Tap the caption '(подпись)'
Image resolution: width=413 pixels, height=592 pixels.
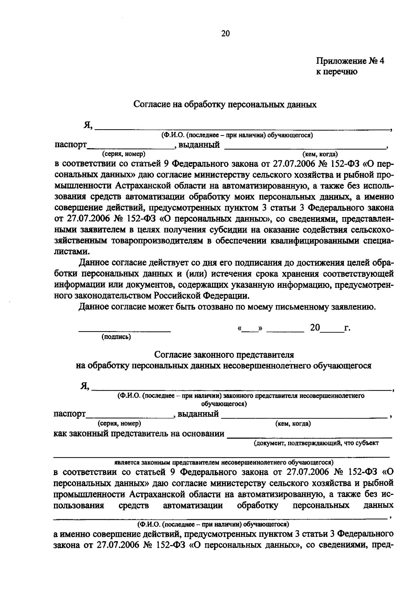click(116, 337)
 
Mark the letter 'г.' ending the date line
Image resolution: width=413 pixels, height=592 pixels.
click(347, 328)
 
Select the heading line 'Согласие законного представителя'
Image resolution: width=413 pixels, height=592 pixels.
click(224, 355)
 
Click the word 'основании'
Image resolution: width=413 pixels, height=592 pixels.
click(204, 433)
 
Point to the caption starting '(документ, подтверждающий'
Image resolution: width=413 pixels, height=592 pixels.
click(316, 443)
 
